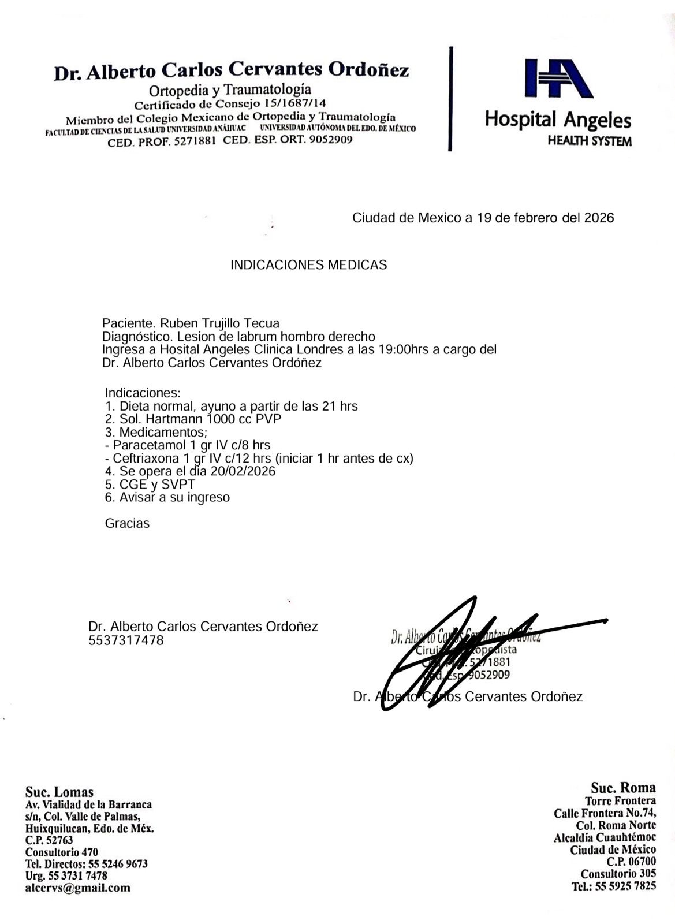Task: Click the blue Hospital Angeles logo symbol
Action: coord(558,78)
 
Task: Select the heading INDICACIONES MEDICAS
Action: coord(308,265)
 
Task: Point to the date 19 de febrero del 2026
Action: coord(543,218)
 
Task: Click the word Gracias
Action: coord(127,524)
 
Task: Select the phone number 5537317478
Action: coord(126,640)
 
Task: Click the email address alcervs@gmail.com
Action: coord(77,888)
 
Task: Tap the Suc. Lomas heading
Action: coord(59,792)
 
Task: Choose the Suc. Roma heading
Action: coord(623,788)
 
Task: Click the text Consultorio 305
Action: coord(618,874)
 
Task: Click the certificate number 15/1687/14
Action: coord(294,105)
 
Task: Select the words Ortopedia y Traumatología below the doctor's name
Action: coord(230,90)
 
